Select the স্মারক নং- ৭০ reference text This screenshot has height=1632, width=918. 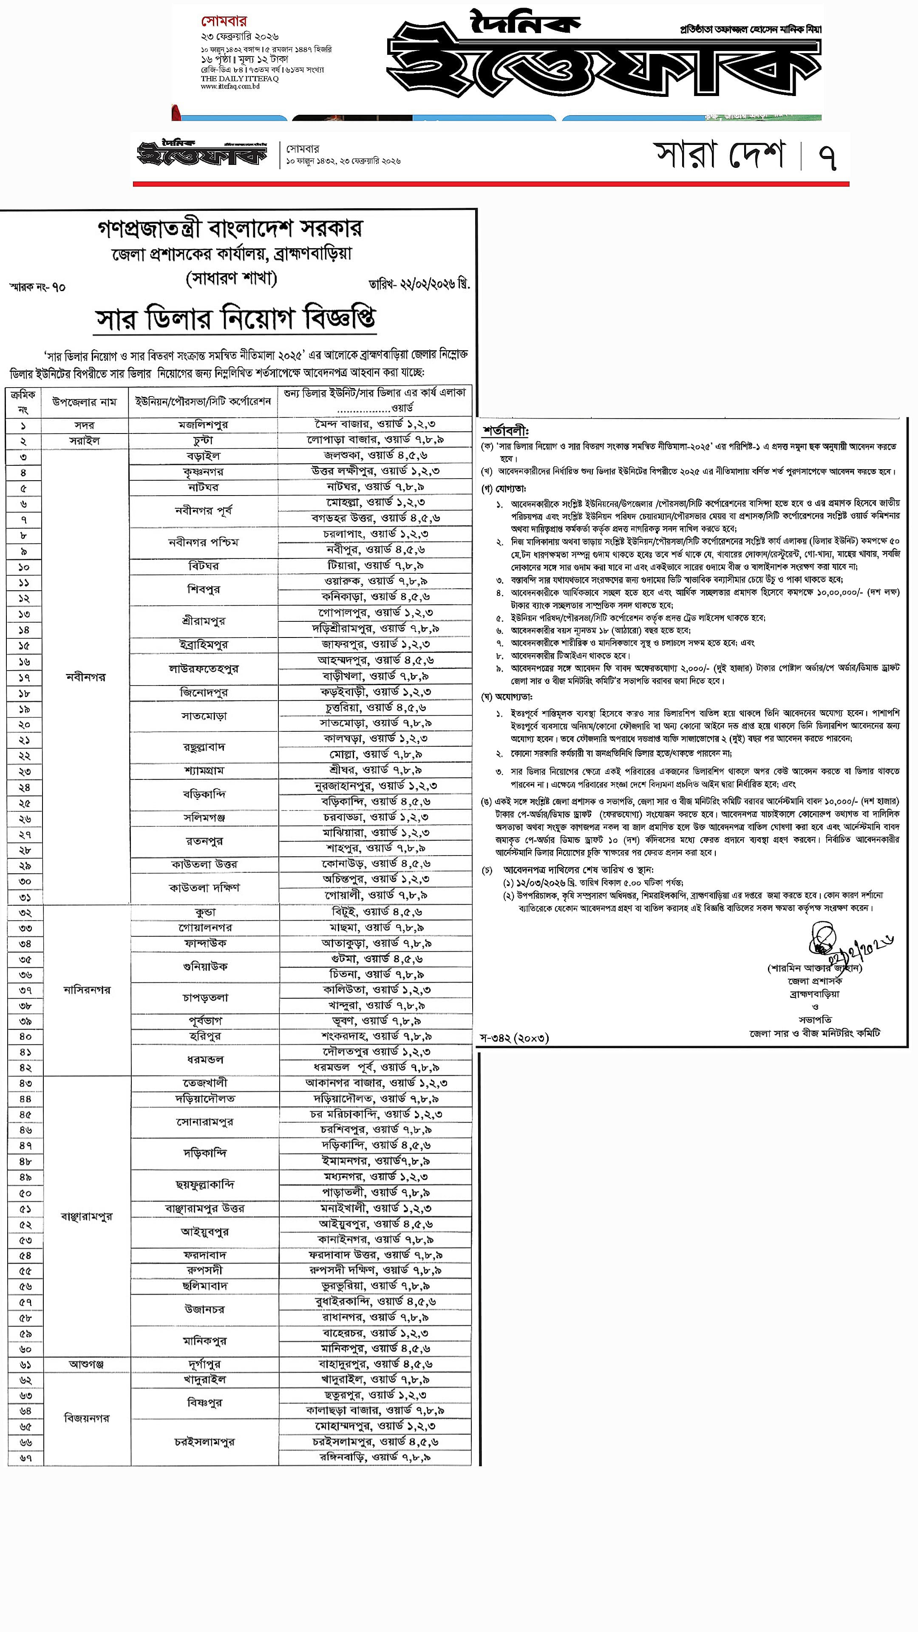pyautogui.click(x=37, y=287)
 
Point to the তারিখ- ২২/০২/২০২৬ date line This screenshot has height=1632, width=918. pyautogui.click(x=419, y=284)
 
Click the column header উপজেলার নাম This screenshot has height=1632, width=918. pyautogui.click(x=84, y=402)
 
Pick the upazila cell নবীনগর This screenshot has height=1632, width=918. pyautogui.click(x=85, y=677)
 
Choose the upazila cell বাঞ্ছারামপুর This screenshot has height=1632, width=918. pyautogui.click(x=87, y=1216)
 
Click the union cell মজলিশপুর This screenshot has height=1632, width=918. pyautogui.click(x=203, y=425)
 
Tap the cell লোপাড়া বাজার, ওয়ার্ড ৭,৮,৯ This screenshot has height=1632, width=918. pyautogui.click(x=375, y=440)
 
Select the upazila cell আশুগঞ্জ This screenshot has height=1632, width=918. pyautogui.click(x=86, y=1363)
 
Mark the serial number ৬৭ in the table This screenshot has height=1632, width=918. pyautogui.click(x=25, y=1458)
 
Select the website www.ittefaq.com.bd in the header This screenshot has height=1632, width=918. pyautogui.click(x=230, y=86)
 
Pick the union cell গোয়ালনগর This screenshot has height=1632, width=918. pyautogui.click(x=204, y=927)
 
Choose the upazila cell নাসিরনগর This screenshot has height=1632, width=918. pyautogui.click(x=87, y=989)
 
